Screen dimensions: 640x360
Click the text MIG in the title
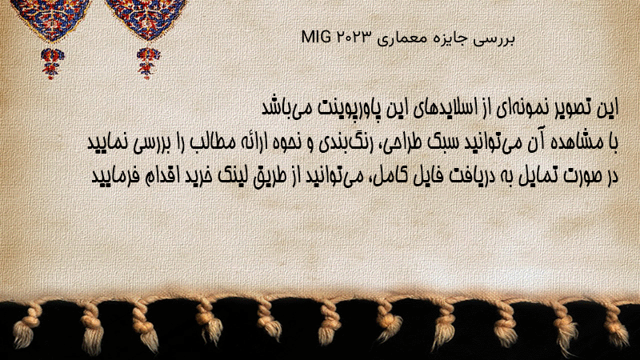[316, 37]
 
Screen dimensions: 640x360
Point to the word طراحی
[395, 143]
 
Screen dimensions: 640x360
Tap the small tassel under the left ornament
[52, 63]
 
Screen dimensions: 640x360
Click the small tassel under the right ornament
[148, 63]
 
